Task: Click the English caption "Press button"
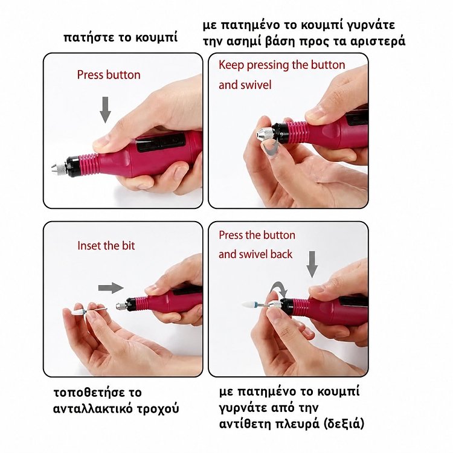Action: click(109, 75)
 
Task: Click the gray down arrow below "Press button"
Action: click(106, 110)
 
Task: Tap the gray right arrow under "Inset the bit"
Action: click(111, 288)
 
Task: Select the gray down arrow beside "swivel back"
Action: click(312, 265)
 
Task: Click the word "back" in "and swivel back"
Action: click(281, 254)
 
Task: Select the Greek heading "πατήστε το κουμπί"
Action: click(120, 37)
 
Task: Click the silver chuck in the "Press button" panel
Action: click(59, 169)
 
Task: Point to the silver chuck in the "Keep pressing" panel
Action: click(265, 133)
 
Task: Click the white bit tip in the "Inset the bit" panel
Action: click(77, 313)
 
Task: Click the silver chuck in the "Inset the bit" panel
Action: click(121, 306)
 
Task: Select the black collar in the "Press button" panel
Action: click(73, 167)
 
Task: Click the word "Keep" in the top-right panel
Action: click(231, 65)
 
